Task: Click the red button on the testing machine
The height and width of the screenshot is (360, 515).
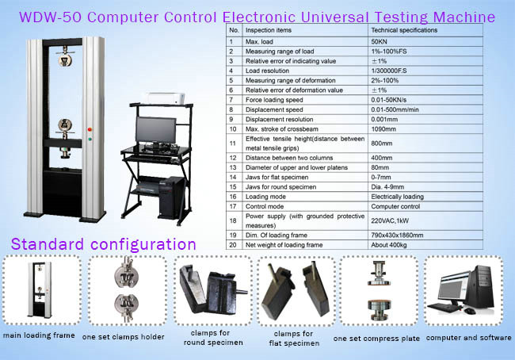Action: click(90, 129)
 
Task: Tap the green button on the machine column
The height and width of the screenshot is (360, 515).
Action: click(90, 139)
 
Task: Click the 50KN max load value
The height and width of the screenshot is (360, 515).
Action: click(379, 42)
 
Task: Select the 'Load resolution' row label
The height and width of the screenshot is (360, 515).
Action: click(267, 71)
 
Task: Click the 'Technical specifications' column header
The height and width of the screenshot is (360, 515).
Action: click(404, 30)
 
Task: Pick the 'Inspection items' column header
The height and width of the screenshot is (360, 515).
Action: click(269, 30)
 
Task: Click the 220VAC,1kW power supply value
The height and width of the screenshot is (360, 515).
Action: click(390, 221)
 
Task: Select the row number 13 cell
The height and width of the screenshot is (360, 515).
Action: click(233, 167)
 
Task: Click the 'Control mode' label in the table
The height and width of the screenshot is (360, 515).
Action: click(265, 206)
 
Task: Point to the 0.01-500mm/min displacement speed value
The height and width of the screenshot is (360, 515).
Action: click(395, 109)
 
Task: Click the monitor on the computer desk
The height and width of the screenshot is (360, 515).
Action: click(155, 131)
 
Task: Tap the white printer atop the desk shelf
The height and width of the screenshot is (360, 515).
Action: click(166, 98)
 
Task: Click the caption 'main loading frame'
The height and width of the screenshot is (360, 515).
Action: click(39, 335)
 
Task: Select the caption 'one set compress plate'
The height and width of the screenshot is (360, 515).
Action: click(376, 339)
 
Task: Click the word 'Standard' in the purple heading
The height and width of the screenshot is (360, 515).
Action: click(48, 244)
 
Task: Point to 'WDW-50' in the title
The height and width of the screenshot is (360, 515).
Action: click(50, 17)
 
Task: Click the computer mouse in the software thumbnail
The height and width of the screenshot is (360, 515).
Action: click(470, 311)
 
